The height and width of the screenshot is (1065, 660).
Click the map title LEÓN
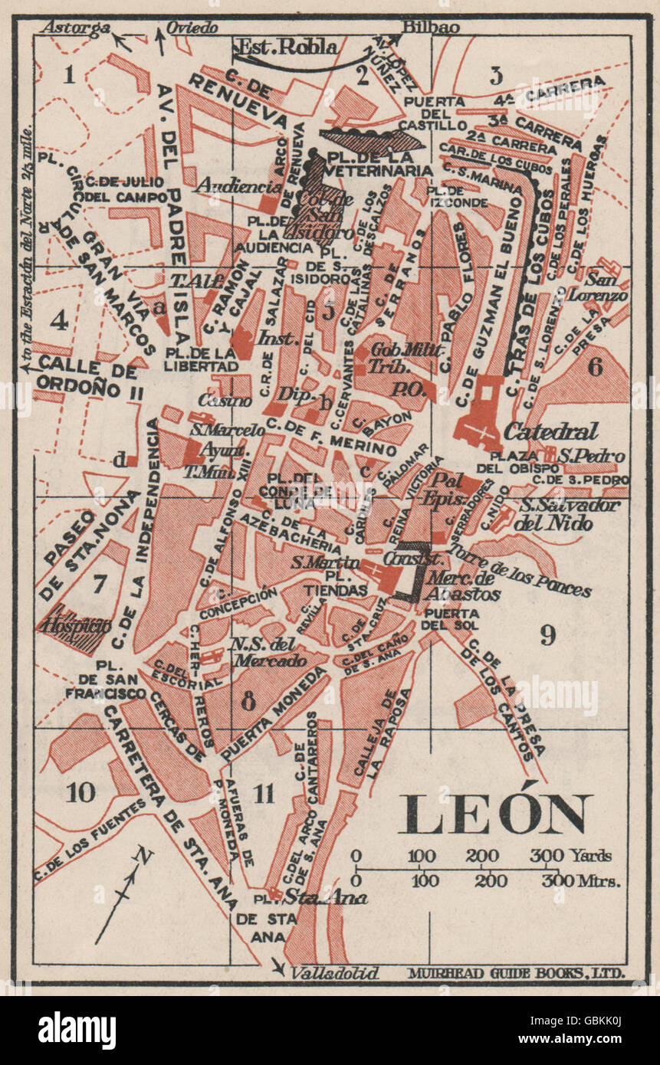pyautogui.click(x=495, y=814)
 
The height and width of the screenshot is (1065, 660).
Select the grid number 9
pyautogui.click(x=547, y=634)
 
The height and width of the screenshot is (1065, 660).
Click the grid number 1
pyautogui.click(x=70, y=74)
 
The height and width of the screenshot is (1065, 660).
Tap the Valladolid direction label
pyautogui.click(x=335, y=973)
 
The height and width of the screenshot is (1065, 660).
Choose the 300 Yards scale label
pyautogui.click(x=570, y=855)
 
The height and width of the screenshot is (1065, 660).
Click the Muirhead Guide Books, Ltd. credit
pyautogui.click(x=517, y=973)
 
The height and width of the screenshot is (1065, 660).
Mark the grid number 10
pyautogui.click(x=81, y=793)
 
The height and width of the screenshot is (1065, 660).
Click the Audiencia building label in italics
pyautogui.click(x=228, y=186)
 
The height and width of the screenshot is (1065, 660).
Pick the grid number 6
pyautogui.click(x=595, y=367)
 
